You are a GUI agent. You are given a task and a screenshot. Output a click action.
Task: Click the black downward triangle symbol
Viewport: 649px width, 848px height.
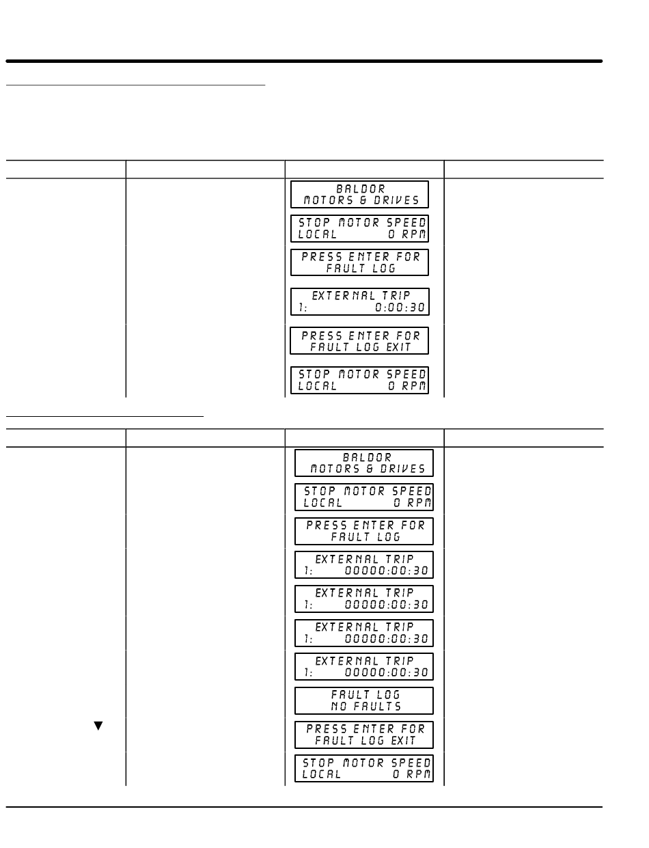(98, 726)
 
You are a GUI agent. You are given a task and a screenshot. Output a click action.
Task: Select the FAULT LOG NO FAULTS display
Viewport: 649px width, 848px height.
(364, 700)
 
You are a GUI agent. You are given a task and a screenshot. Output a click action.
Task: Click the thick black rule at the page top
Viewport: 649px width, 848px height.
(304, 61)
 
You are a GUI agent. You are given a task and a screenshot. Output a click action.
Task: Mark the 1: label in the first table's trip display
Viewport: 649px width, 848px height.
(303, 308)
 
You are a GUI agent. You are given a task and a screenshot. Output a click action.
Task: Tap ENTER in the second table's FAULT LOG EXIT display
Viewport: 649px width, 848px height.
(373, 729)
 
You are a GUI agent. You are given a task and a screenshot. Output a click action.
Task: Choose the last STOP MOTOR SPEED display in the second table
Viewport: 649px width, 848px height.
(364, 768)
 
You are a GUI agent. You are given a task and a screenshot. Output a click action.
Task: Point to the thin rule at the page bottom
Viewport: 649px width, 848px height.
(304, 807)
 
